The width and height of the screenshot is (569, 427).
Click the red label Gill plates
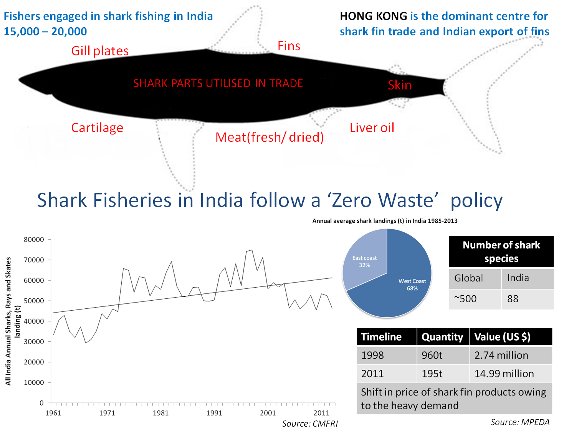(x=100, y=51)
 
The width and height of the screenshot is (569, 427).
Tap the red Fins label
(x=289, y=46)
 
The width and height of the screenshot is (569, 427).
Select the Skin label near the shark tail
(x=399, y=85)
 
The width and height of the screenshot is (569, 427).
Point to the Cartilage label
(x=97, y=128)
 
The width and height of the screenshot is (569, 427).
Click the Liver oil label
(x=372, y=128)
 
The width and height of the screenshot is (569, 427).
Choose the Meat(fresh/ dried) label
(x=270, y=137)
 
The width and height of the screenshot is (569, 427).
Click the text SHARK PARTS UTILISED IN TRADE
(x=218, y=84)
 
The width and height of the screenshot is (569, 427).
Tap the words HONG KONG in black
(x=373, y=16)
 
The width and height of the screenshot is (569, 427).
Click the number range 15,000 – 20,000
(x=45, y=31)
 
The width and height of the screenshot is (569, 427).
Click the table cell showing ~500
(x=475, y=299)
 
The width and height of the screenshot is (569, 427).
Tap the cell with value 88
(x=528, y=299)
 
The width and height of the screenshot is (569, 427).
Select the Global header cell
(x=475, y=278)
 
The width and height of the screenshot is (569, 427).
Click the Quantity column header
(x=443, y=337)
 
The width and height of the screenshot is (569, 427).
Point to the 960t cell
(x=443, y=355)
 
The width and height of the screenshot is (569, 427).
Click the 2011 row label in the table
(x=386, y=374)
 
